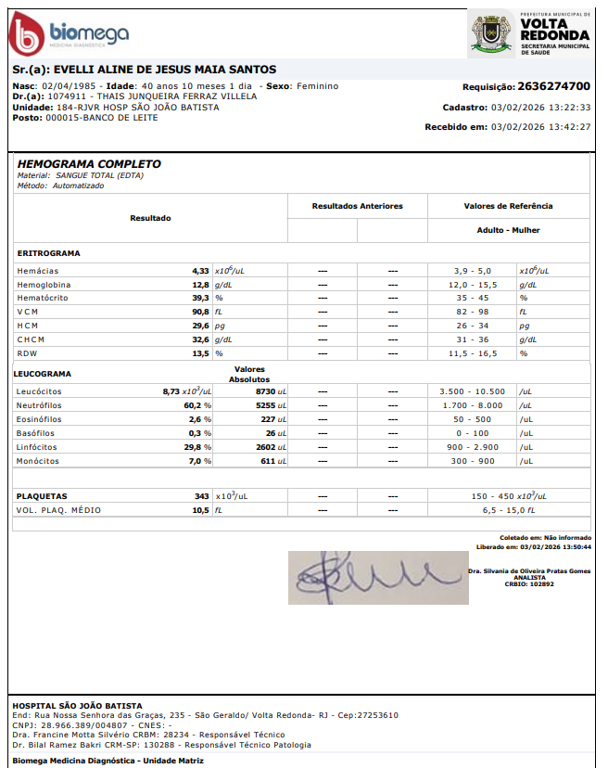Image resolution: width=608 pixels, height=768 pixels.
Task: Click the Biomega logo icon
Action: click(27, 35)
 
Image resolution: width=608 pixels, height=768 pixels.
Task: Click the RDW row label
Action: click(28, 354)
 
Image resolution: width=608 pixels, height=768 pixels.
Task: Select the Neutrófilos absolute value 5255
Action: click(266, 405)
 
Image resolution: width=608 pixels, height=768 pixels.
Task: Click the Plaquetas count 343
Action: click(201, 496)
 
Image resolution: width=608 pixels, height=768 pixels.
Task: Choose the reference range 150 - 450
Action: click(492, 496)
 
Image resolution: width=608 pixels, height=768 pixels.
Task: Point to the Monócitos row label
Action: click(38, 461)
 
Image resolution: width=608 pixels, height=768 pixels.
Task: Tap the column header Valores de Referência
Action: click(508, 206)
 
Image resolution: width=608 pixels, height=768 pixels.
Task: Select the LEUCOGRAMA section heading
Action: click(44, 375)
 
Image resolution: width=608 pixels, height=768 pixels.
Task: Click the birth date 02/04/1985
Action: click(69, 86)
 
